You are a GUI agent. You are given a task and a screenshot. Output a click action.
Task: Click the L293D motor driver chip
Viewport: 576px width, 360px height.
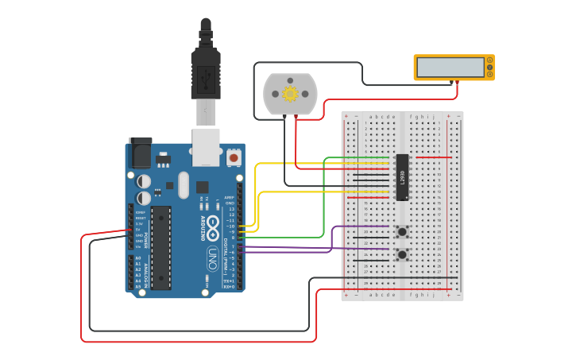point(403,176)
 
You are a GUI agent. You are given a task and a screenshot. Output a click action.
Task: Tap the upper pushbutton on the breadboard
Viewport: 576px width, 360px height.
point(403,232)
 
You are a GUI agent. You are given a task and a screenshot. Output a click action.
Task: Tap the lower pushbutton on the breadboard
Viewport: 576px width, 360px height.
point(403,254)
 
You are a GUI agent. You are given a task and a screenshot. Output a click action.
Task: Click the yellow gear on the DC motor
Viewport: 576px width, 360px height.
point(290,95)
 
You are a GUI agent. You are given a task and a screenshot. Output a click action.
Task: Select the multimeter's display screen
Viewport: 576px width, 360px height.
point(450,68)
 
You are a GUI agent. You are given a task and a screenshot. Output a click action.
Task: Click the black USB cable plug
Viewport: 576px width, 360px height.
point(206,75)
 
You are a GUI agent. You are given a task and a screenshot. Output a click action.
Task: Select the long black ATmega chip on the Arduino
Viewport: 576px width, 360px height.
point(161,246)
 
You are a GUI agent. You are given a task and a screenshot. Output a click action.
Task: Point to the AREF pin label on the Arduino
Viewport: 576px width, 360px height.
point(229,198)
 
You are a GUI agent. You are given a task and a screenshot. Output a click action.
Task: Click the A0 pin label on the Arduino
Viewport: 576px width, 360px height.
point(137,258)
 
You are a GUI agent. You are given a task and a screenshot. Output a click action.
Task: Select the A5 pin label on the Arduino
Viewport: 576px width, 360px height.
point(137,286)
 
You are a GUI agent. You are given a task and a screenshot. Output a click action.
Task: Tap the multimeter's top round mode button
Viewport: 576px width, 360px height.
point(491,59)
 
